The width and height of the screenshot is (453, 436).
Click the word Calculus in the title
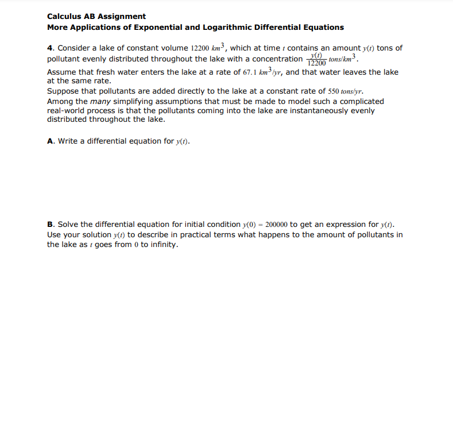point(65,16)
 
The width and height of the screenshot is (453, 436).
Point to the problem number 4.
point(49,48)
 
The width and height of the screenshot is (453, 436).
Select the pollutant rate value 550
point(334,91)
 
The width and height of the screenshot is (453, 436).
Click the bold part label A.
point(50,141)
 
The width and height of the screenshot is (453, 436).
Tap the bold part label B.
point(50,224)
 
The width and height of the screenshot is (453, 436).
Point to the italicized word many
point(101,101)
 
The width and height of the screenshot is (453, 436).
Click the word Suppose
point(64,91)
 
